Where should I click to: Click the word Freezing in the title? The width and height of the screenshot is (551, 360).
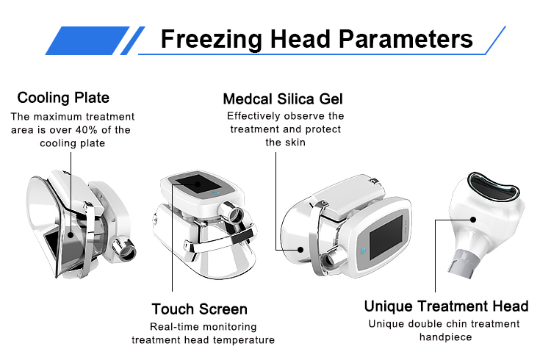[x=212, y=40]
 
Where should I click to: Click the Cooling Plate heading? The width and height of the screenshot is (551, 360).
[x=63, y=98]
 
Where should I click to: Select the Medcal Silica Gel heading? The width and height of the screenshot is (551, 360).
[x=283, y=99]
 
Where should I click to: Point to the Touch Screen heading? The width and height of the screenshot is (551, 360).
[x=200, y=309]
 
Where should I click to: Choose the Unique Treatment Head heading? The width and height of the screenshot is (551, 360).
[x=446, y=306]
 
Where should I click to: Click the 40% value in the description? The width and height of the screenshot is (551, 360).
[x=87, y=130]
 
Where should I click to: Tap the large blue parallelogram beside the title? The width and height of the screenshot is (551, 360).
[x=87, y=40]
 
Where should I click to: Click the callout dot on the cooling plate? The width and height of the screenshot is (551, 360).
[x=71, y=235]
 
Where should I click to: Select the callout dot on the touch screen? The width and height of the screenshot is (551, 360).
[x=198, y=184]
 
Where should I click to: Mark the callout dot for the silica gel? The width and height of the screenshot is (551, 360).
[x=300, y=250]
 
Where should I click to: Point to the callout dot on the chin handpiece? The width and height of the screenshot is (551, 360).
[x=473, y=220]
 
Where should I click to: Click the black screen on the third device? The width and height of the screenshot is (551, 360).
[x=386, y=237]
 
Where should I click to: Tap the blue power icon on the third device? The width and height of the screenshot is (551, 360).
[x=364, y=251]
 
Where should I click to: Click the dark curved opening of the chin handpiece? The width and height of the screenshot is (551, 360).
[x=494, y=185]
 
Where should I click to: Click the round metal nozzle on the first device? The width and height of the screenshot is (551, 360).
[x=125, y=250]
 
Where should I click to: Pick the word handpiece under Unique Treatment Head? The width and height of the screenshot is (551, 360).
[x=446, y=337]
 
